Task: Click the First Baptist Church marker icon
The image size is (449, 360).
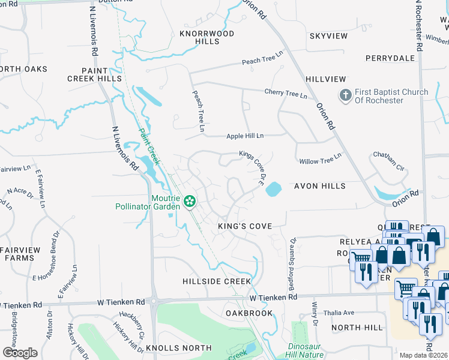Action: pyautogui.click(x=345, y=96)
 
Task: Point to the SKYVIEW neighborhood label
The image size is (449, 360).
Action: pyautogui.click(x=328, y=36)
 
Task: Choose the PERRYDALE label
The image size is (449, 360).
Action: pyautogui.click(x=390, y=58)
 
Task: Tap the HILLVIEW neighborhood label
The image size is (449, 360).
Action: pyautogui.click(x=326, y=79)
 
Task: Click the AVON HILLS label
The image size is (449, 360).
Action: pyautogui.click(x=319, y=186)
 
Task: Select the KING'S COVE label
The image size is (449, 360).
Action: pyautogui.click(x=245, y=226)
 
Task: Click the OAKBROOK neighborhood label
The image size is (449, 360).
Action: pyautogui.click(x=249, y=313)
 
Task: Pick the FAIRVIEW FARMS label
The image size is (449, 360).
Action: pyautogui.click(x=20, y=254)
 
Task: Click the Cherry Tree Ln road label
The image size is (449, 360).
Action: pyautogui.click(x=286, y=94)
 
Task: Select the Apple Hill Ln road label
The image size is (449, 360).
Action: pyautogui.click(x=245, y=136)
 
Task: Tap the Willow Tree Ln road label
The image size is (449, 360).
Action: pyautogui.click(x=320, y=158)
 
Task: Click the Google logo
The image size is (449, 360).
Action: pyautogui.click(x=20, y=353)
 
